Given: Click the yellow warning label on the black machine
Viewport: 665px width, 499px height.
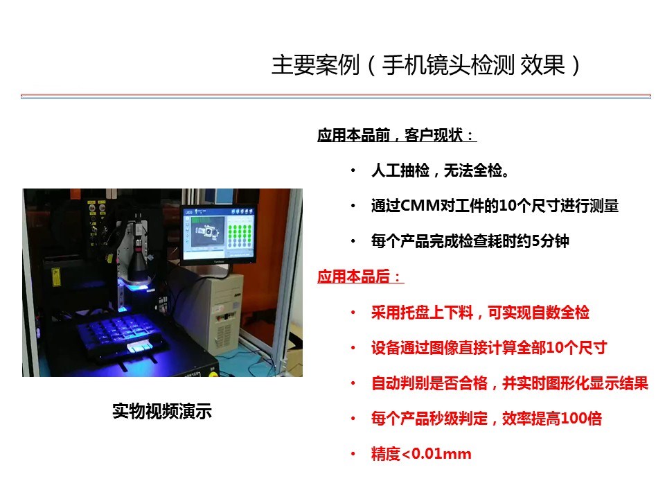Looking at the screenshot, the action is [x=55, y=277].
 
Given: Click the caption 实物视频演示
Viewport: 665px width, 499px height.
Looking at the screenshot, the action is [x=162, y=412].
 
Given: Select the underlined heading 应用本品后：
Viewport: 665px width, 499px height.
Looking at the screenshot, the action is [x=360, y=277].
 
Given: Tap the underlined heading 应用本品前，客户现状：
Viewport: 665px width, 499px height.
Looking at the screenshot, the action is [x=397, y=135].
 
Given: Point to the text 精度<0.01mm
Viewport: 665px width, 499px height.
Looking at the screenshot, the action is [x=421, y=453].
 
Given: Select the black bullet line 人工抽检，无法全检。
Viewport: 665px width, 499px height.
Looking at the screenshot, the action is [x=441, y=170].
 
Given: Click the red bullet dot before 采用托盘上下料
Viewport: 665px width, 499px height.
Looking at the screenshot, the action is [x=353, y=313].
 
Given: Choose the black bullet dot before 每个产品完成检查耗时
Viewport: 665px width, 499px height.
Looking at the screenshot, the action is [x=353, y=241].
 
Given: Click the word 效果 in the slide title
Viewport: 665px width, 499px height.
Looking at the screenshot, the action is [x=542, y=65].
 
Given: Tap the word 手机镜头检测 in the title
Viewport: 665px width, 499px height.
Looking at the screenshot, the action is [x=448, y=65].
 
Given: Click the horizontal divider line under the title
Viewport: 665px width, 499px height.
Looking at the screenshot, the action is [x=336, y=96].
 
